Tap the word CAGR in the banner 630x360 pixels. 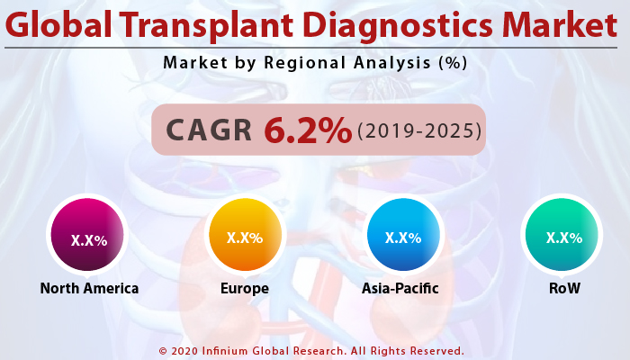pyautogui.click(x=210, y=131)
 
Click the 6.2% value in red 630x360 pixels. pyautogui.click(x=307, y=130)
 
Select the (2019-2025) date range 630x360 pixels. pyautogui.click(x=418, y=131)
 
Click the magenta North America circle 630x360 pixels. pyautogui.click(x=89, y=238)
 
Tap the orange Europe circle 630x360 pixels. pyautogui.click(x=245, y=237)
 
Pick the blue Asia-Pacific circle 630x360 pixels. pyautogui.click(x=403, y=237)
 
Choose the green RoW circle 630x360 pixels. pyautogui.click(x=563, y=237)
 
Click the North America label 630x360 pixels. pyautogui.click(x=89, y=289)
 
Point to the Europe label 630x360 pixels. pyautogui.click(x=245, y=289)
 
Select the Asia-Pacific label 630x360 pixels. pyautogui.click(x=403, y=289)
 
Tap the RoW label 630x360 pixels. pyautogui.click(x=563, y=289)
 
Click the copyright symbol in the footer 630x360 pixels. pyautogui.click(x=163, y=351)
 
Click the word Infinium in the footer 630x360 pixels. pyautogui.click(x=229, y=351)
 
